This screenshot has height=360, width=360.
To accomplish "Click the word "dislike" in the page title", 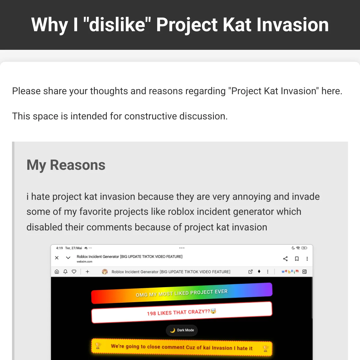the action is (117, 25).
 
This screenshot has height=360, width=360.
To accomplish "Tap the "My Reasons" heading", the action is (66, 165).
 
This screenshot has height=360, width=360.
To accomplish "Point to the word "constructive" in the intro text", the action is (151, 116).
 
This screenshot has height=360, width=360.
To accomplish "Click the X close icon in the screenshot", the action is (57, 258).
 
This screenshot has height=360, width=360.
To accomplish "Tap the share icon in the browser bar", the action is (285, 259).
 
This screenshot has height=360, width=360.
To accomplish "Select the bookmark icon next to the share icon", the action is (297, 259).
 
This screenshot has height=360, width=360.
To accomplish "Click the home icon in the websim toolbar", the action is (57, 271).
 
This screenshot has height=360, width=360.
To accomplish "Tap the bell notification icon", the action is (65, 271).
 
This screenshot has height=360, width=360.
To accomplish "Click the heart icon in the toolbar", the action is (74, 271).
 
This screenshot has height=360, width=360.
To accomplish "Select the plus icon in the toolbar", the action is (87, 271).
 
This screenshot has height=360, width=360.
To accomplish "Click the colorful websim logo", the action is (290, 271).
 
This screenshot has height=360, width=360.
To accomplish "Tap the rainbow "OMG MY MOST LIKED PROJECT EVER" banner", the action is (181, 293).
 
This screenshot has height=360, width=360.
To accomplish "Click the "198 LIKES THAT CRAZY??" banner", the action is (181, 312).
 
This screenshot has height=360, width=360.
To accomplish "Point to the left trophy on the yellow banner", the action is (97, 346).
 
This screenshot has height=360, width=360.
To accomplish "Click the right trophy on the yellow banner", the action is (265, 348).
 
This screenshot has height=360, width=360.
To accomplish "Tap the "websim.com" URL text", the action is (84, 262).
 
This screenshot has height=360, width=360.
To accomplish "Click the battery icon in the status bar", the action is (304, 248).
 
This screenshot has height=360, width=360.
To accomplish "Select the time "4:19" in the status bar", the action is (59, 248).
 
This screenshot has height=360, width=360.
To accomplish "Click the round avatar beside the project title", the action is (105, 271).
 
